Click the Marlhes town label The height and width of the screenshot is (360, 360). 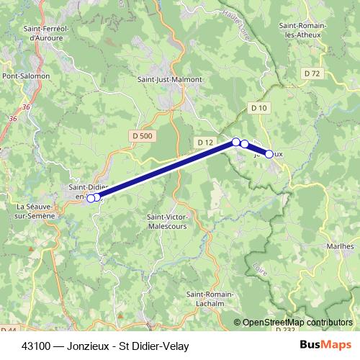pyautogui.click(x=340, y=246)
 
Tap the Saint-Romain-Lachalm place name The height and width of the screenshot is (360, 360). pyautogui.click(x=210, y=299)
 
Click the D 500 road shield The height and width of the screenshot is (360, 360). pyautogui.click(x=143, y=135)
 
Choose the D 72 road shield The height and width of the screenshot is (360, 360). pyautogui.click(x=312, y=73)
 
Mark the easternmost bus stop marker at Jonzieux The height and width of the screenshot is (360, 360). pyautogui.click(x=269, y=153)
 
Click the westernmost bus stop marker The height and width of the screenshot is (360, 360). pyautogui.click(x=90, y=199)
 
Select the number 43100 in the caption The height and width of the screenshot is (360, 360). pyautogui.click(x=36, y=346)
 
